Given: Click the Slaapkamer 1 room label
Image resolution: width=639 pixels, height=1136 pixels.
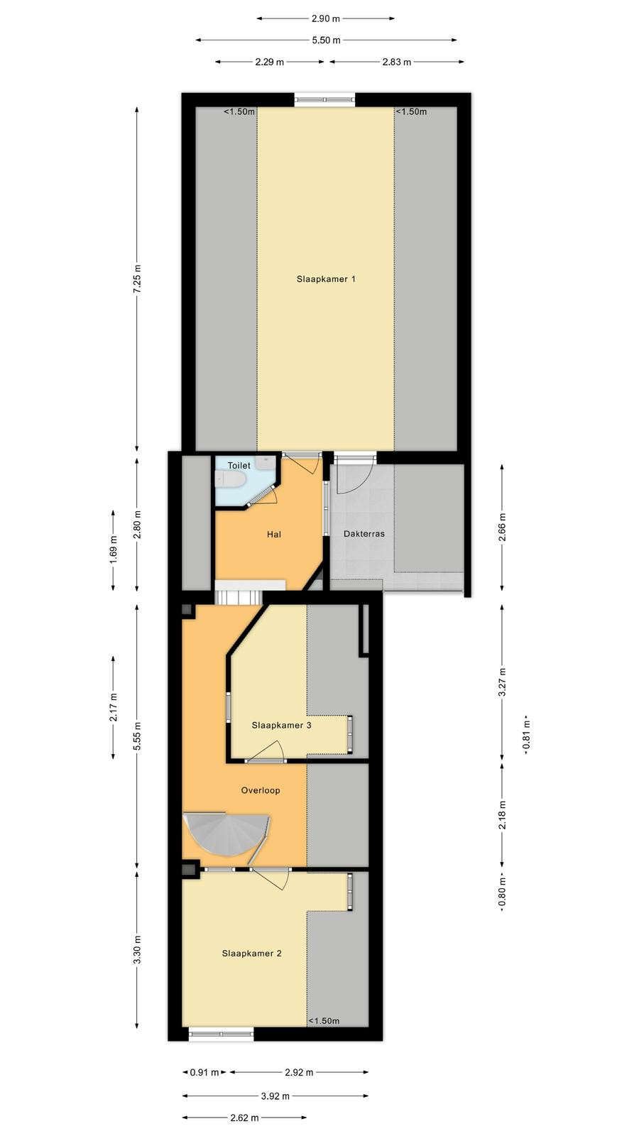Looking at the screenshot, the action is point(326,279).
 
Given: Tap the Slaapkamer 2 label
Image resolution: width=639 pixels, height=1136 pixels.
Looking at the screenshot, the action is point(251,954).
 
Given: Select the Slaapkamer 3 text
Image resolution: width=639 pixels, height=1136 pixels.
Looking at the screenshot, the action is point(281,725).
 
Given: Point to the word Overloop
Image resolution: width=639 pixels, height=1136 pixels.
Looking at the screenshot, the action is point(261,790).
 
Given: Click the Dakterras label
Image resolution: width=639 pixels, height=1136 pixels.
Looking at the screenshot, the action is point(364,533).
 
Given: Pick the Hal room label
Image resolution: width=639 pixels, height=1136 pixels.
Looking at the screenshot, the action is point(274,534).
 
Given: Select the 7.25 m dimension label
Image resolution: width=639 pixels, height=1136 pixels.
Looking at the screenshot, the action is point(137,279).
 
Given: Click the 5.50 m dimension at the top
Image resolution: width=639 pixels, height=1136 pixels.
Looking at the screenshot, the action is point(326,40).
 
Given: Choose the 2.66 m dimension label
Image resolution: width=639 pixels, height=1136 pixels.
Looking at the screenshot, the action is point(503,527).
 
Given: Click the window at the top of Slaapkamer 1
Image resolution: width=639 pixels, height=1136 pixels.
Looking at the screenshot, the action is point(325,100).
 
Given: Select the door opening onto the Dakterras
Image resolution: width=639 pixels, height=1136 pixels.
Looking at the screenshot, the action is point(355,474).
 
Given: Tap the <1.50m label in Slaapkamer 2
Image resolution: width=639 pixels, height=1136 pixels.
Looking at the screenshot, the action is point(324,1020).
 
